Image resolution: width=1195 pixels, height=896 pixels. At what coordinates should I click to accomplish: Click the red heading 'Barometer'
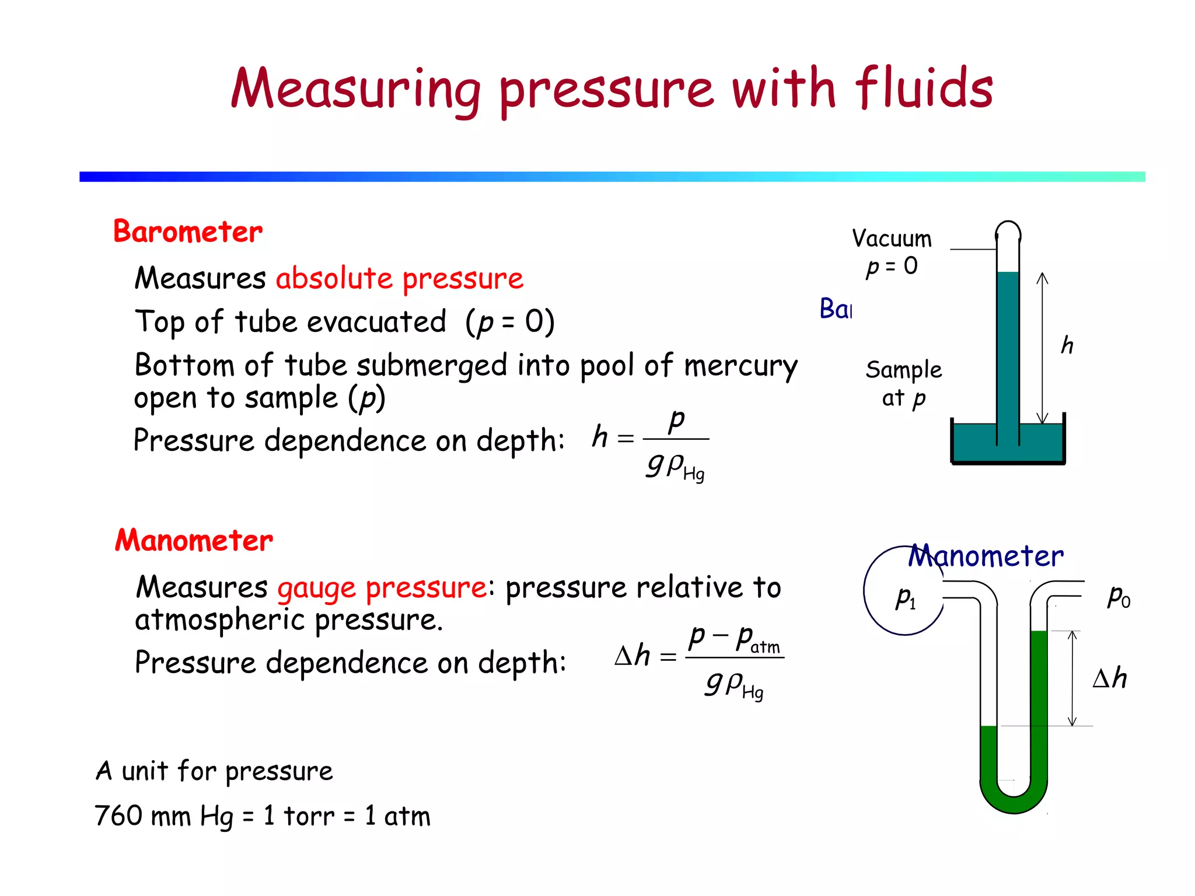coord(188,232)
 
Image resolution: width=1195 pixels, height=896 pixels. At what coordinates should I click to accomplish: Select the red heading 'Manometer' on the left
coord(194,540)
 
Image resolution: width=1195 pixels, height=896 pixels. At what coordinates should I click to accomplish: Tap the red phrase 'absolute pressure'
coord(400,278)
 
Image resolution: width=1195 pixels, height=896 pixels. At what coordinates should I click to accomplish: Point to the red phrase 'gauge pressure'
coord(382,587)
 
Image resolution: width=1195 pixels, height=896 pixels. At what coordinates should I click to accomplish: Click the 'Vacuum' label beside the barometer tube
coord(892,239)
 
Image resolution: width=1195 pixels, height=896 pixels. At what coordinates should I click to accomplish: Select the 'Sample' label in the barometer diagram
coord(903,370)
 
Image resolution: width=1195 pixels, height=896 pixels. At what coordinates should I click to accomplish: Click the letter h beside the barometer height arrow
coord(1067,345)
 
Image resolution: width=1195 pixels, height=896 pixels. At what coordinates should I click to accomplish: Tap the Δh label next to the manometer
coord(1109,678)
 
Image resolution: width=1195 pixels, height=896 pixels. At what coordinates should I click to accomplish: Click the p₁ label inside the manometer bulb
coord(906,597)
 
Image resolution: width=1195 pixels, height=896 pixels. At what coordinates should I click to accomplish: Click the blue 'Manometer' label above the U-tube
coord(986,556)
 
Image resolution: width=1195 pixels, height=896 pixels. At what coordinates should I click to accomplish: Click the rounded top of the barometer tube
coord(1008,229)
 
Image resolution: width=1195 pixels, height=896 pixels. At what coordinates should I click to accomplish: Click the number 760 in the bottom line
coord(119,815)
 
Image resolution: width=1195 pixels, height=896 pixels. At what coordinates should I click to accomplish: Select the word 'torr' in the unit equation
coord(309,815)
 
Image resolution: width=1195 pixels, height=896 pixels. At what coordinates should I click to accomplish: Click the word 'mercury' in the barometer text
coord(740,366)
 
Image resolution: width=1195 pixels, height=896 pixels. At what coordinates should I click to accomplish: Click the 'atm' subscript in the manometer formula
coord(765,647)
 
